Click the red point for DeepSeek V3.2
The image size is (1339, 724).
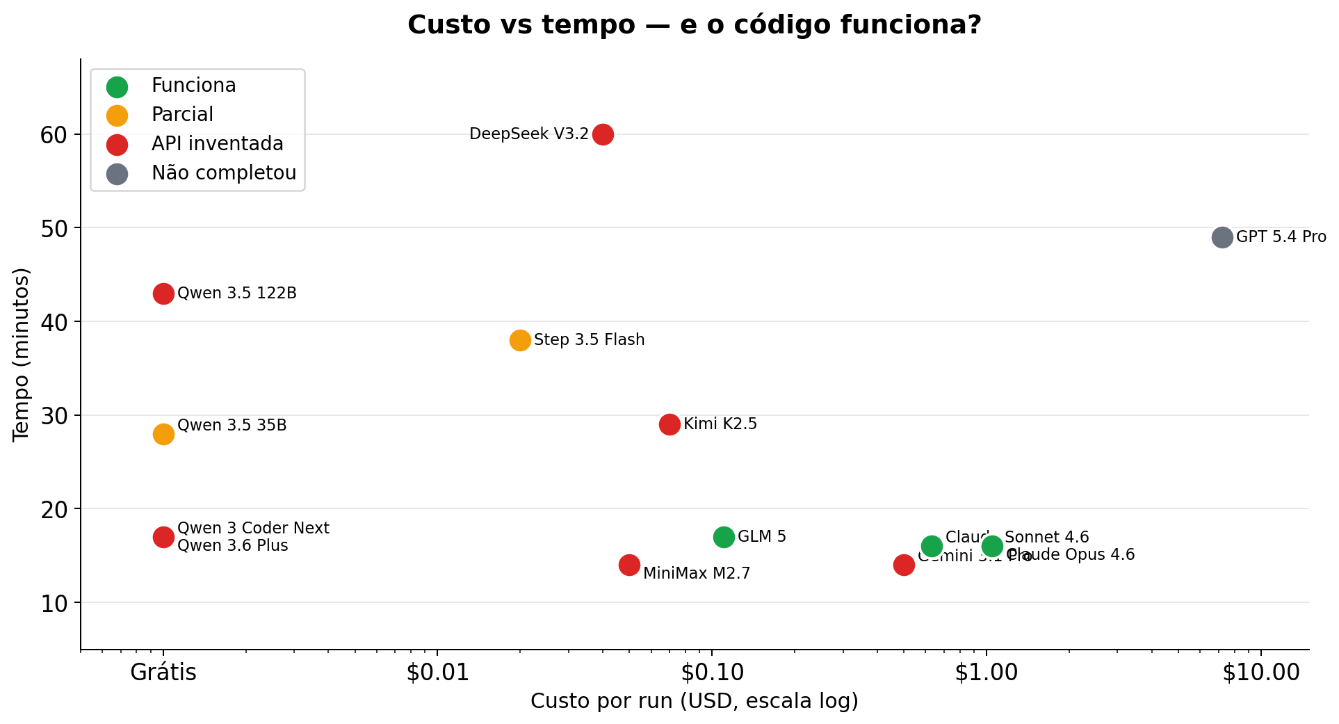click(603, 134)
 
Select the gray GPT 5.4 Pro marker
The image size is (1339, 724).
click(1222, 237)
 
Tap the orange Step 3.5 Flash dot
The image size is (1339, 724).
click(520, 340)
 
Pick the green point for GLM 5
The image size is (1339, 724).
click(724, 537)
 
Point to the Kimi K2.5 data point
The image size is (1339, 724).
click(669, 424)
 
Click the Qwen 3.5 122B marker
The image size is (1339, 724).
click(163, 293)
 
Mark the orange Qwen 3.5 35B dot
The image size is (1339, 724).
click(163, 434)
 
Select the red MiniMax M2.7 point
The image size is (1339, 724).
click(629, 565)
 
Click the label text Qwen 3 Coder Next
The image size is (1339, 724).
click(253, 529)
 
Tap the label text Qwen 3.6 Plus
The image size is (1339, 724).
click(232, 546)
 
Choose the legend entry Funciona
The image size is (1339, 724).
click(193, 86)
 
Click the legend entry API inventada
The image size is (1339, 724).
click(217, 144)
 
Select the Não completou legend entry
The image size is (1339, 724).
click(224, 173)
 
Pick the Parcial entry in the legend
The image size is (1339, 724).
click(182, 115)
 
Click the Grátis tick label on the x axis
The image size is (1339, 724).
click(163, 673)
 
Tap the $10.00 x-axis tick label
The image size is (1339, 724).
click(1260, 673)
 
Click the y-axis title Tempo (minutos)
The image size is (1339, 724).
click(22, 355)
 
